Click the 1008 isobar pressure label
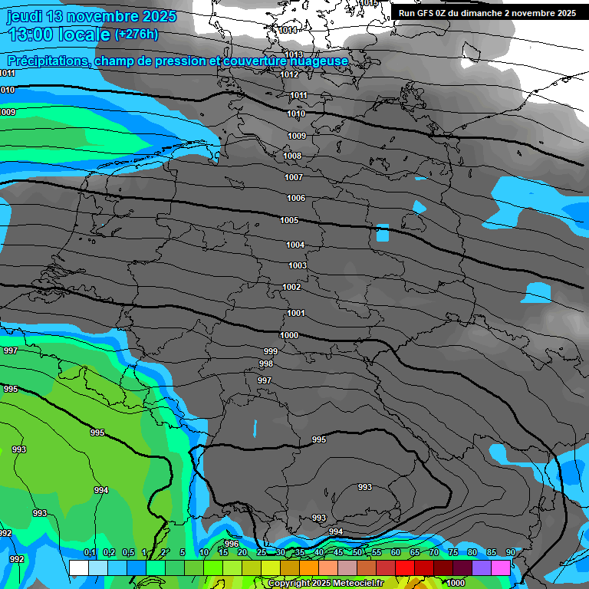pos(292,156)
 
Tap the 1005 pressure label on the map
pos(289,220)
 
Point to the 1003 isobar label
pos(298,265)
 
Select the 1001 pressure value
pos(296,313)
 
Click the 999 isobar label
pos(271,350)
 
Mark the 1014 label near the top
pos(288,30)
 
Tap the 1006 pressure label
pos(296,198)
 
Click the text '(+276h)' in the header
pos(137,35)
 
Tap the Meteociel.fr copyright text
pos(325,583)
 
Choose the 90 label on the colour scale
pos(510,552)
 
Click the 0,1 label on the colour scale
pos(90,552)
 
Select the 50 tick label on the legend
pos(357,552)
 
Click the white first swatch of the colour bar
pos(78,568)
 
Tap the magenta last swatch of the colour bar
pos(500,568)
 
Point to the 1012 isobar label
pos(289,74)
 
